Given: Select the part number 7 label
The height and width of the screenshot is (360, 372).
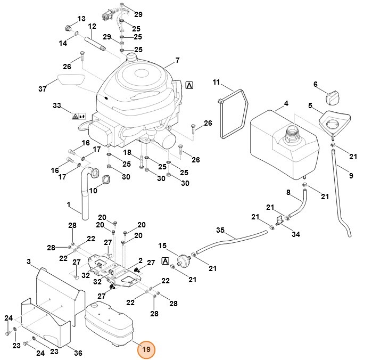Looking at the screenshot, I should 177,60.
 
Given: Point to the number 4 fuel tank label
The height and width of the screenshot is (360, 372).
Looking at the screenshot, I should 286,103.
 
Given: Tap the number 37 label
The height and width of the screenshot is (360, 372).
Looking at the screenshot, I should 43,89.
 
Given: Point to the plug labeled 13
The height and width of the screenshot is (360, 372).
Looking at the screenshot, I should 68,28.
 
